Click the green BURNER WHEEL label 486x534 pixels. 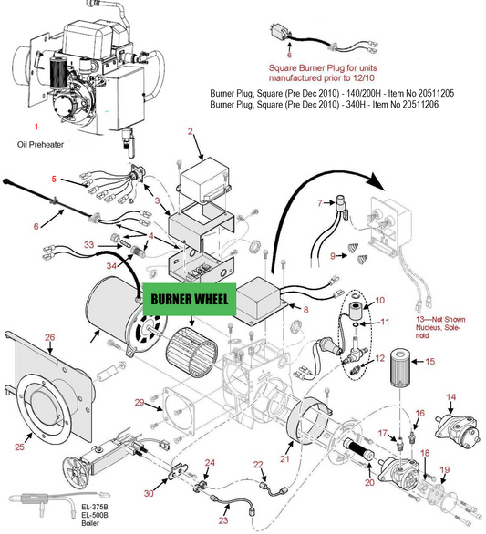(189, 299)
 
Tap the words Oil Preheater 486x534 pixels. (42, 144)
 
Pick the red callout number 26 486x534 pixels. (50, 337)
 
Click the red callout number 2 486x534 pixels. (190, 132)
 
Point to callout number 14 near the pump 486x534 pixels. (450, 396)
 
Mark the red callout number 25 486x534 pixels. (19, 447)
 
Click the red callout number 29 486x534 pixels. (140, 402)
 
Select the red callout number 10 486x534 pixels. (380, 300)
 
